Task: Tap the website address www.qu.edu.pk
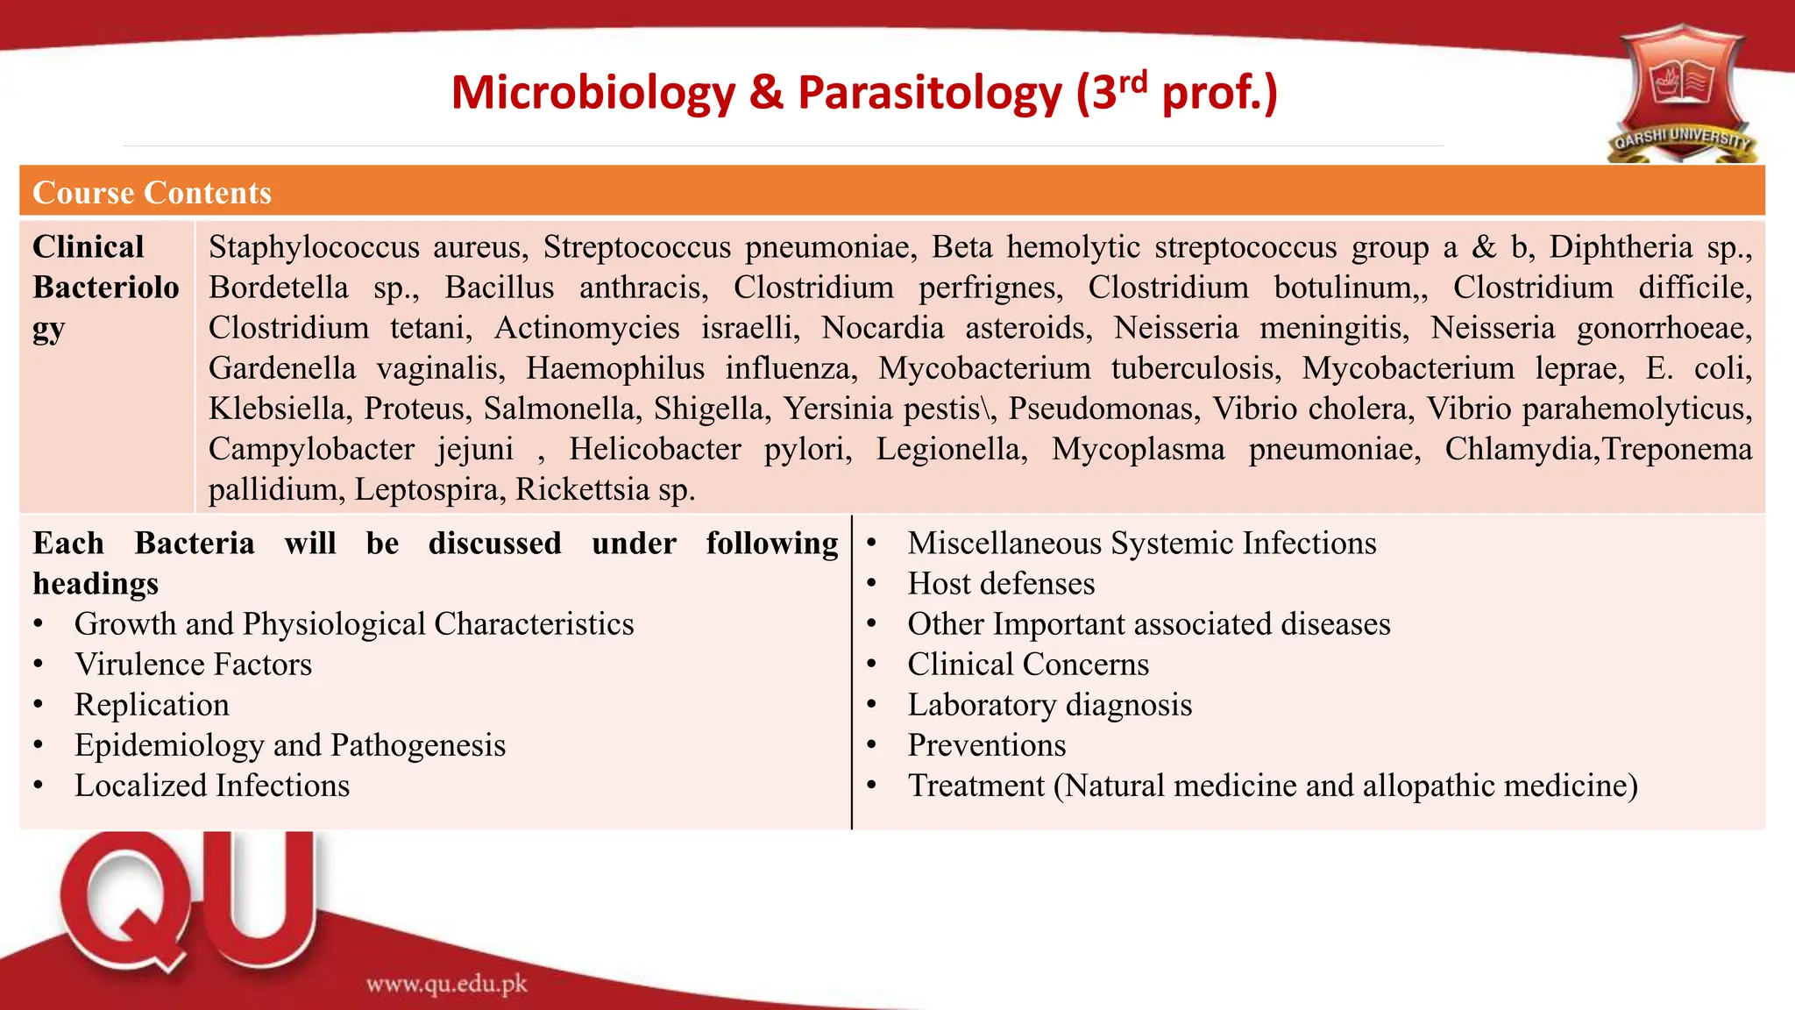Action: (446, 984)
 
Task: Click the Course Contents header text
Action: (152, 192)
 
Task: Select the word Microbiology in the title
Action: (592, 93)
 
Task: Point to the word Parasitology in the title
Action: (929, 93)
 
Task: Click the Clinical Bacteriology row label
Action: (105, 288)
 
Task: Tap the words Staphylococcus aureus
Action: (368, 247)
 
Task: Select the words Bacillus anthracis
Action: (576, 288)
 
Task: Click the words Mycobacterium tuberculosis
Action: (1079, 368)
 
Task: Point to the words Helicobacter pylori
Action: (710, 449)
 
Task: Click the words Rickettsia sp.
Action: (605, 489)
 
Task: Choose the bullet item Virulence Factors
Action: (193, 665)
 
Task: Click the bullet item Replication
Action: (152, 705)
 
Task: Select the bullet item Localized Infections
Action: (211, 786)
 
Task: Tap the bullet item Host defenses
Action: (1001, 584)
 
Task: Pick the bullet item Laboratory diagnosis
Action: (1049, 705)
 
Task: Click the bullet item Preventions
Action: (986, 745)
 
